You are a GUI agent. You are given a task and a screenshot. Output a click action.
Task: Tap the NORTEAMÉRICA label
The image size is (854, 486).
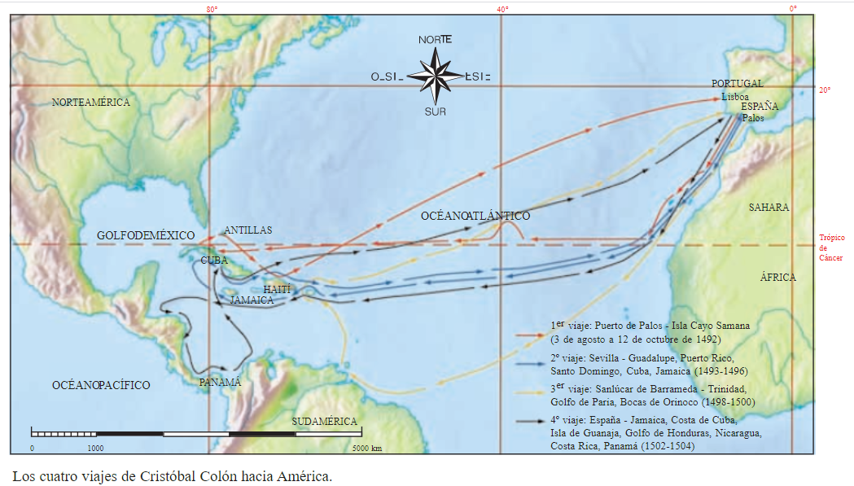click(x=90, y=103)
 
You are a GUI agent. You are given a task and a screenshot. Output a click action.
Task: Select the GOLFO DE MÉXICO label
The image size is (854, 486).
click(x=142, y=235)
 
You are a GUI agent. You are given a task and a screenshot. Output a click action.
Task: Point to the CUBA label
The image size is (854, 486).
click(x=214, y=260)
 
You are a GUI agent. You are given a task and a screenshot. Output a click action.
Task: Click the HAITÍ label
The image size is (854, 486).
click(x=277, y=289)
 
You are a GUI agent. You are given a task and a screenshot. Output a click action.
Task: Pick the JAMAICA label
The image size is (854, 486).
click(x=252, y=300)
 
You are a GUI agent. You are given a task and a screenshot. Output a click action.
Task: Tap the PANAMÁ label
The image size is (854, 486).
click(x=220, y=382)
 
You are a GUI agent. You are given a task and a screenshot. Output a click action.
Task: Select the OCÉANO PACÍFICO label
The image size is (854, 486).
click(x=101, y=385)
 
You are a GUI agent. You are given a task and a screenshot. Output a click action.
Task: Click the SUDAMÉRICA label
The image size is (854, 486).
click(x=325, y=421)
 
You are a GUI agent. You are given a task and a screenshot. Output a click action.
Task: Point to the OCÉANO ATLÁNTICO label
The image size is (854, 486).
click(x=475, y=216)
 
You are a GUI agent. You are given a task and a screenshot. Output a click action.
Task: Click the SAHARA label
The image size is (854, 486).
click(x=769, y=208)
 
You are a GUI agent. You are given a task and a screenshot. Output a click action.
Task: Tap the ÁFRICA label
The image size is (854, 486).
click(x=777, y=278)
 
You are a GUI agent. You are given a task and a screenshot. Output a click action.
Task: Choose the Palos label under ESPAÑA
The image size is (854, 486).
click(x=752, y=117)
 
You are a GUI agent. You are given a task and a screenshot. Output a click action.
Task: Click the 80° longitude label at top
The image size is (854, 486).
click(x=211, y=8)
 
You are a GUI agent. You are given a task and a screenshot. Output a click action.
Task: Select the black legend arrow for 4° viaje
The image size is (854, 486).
click(x=532, y=420)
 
